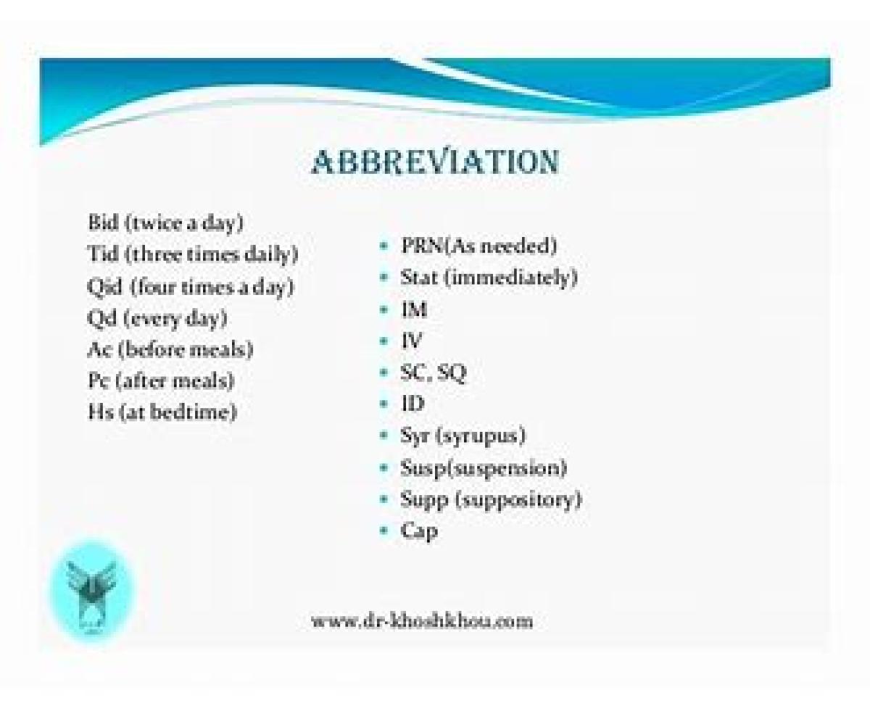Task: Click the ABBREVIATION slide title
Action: point(435,162)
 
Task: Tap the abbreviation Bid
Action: point(104,222)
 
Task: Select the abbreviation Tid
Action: point(103,253)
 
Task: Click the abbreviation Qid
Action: point(105,286)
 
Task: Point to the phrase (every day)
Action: point(175,319)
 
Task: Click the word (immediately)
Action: point(510,278)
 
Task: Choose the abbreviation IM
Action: point(414,309)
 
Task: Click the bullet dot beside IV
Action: point(384,341)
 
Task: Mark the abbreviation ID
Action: point(413,404)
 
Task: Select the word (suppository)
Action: point(518,500)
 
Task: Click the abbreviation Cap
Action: point(419,531)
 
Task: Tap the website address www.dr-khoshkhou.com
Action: point(422,620)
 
